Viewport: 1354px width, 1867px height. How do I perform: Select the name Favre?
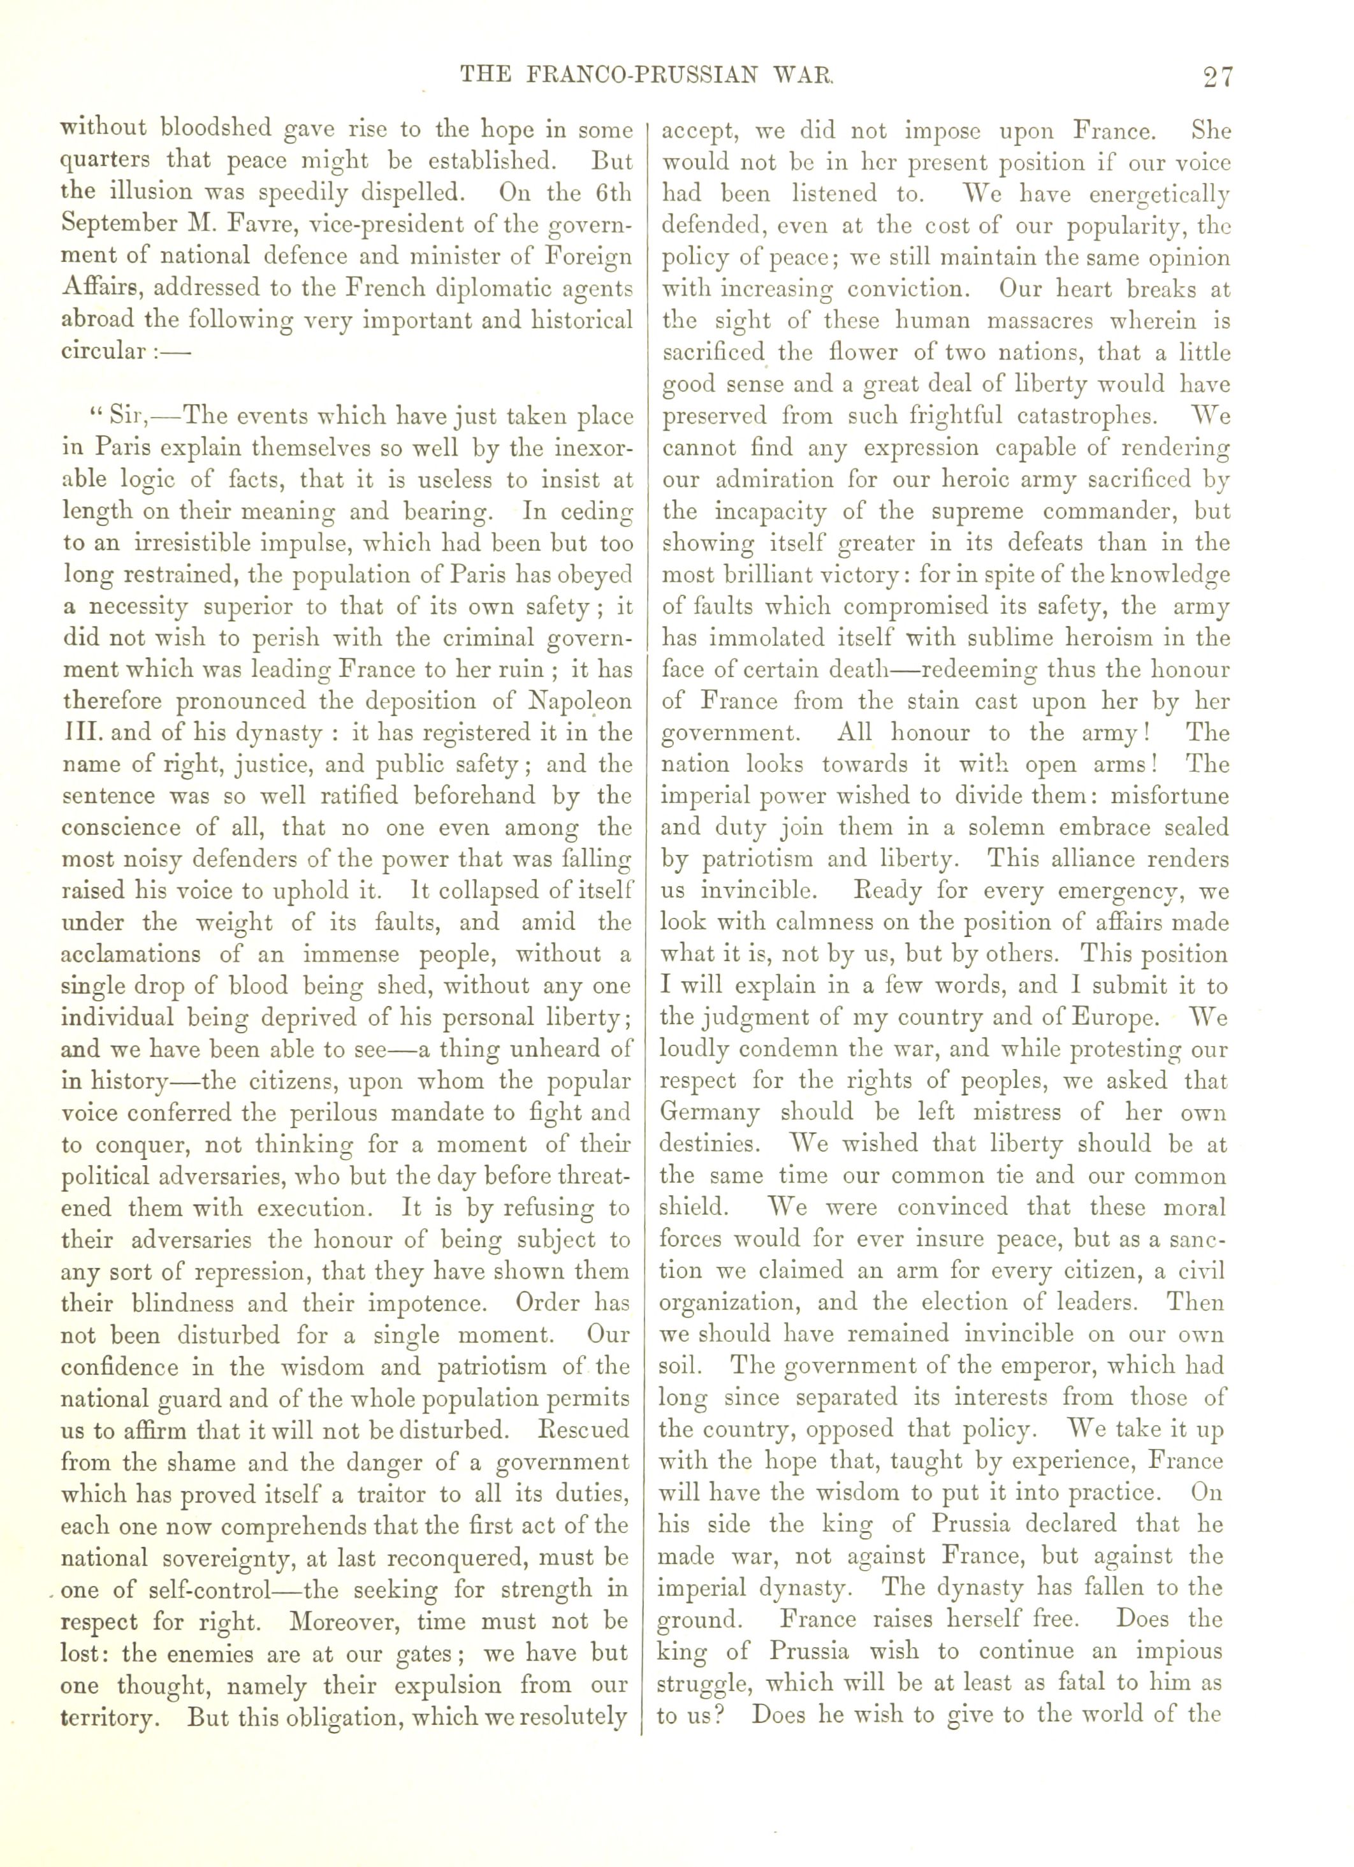pyautogui.click(x=235, y=225)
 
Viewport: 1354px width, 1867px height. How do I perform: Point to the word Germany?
pyautogui.click(x=710, y=1113)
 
